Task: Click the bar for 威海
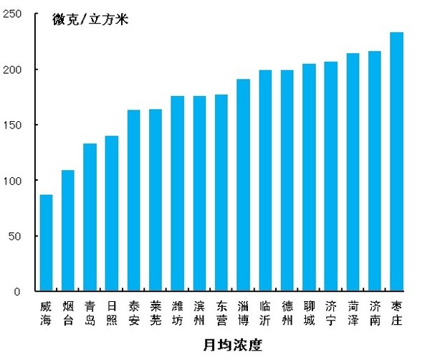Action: [x=46, y=243]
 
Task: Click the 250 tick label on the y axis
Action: [x=12, y=14]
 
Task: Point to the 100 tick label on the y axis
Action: [x=12, y=181]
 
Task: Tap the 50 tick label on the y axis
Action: [x=15, y=236]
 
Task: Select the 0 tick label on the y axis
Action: [x=18, y=292]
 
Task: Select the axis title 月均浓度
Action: [x=233, y=345]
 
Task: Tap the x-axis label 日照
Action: [x=111, y=313]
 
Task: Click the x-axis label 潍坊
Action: [x=177, y=313]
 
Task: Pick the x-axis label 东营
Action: [x=221, y=313]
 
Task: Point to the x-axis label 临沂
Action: [x=265, y=313]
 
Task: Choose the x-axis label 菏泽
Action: [x=353, y=313]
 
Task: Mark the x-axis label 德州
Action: [x=287, y=313]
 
